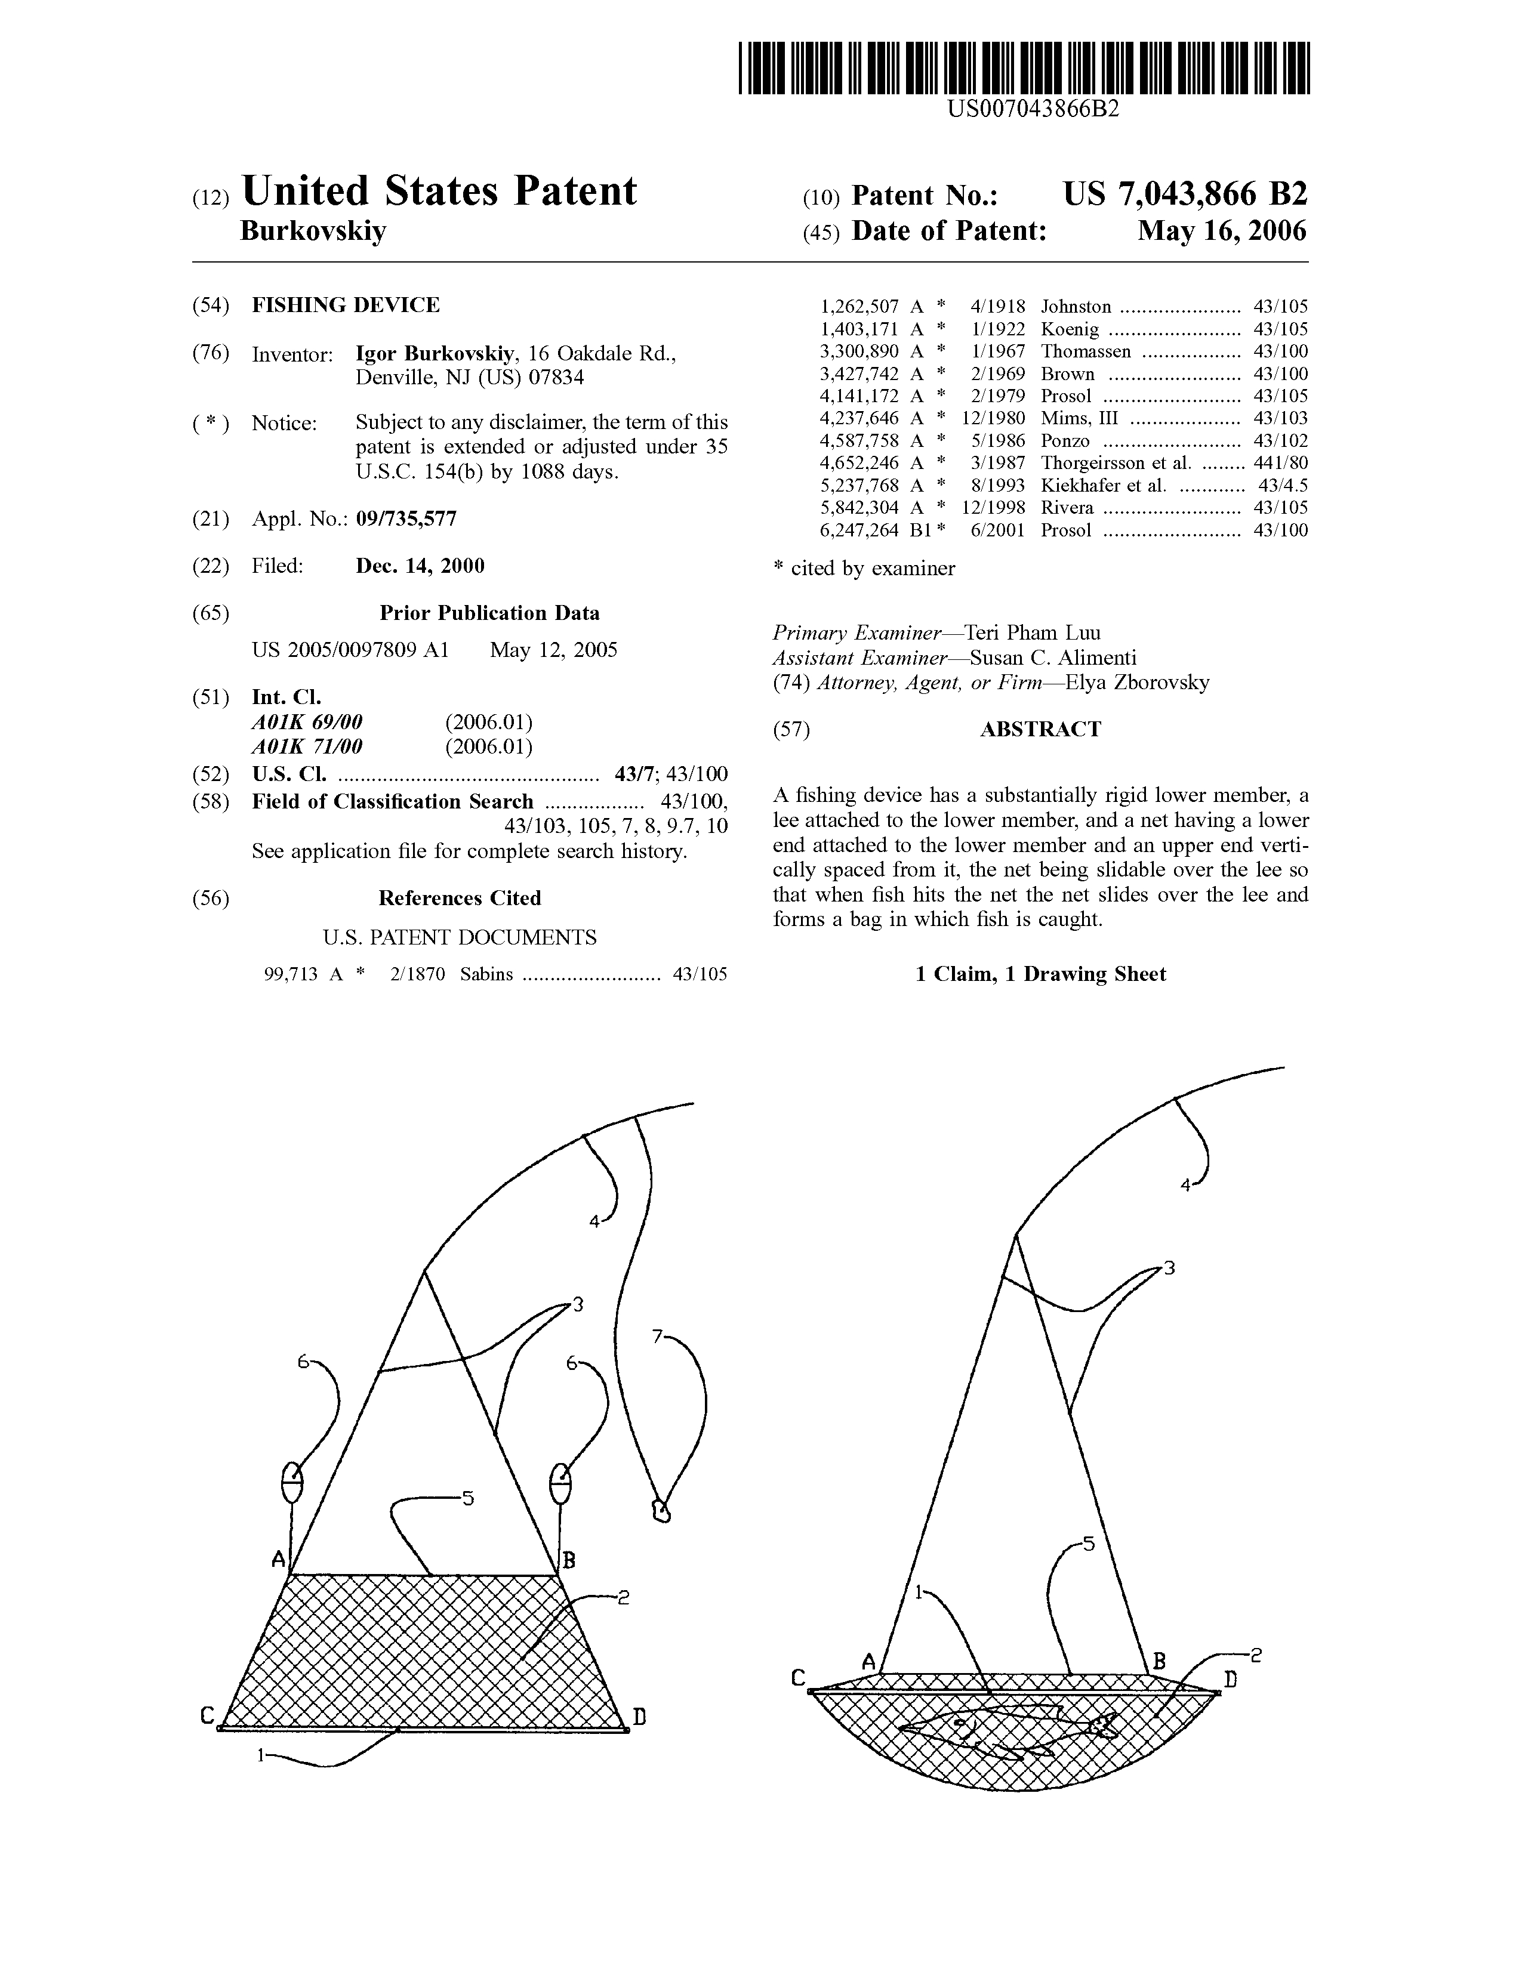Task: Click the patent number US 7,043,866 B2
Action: (1185, 194)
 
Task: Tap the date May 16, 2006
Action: (1222, 231)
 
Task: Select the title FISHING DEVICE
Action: (346, 305)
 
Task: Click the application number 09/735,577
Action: (406, 519)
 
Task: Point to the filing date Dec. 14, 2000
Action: (420, 566)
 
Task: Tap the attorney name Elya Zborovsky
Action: (1137, 683)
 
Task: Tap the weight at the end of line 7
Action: (661, 1510)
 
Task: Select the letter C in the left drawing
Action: (207, 1715)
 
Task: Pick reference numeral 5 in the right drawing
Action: (1087, 1544)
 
